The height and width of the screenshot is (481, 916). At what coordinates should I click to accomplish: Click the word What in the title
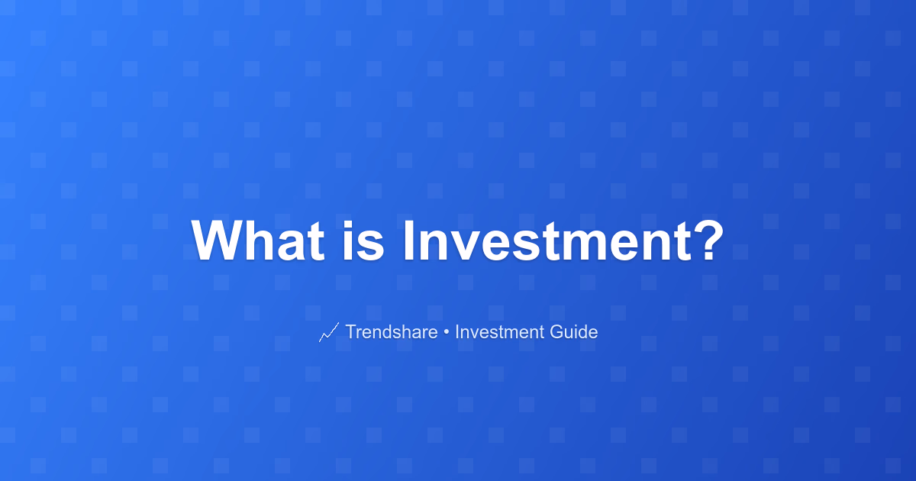(258, 240)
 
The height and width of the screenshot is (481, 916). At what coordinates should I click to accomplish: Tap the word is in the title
(363, 240)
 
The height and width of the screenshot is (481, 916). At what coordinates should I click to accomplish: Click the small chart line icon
(329, 332)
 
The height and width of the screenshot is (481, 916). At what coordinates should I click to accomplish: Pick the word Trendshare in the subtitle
(392, 331)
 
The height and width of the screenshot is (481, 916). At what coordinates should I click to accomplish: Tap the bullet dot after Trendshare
(446, 332)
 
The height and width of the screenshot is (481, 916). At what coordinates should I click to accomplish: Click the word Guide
(574, 331)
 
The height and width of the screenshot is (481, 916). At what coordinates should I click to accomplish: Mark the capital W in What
(218, 240)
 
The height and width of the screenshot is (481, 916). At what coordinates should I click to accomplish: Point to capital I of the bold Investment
(408, 240)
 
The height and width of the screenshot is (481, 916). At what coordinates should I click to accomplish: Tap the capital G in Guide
(557, 331)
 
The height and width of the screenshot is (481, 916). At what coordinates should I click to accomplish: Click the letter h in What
(261, 240)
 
